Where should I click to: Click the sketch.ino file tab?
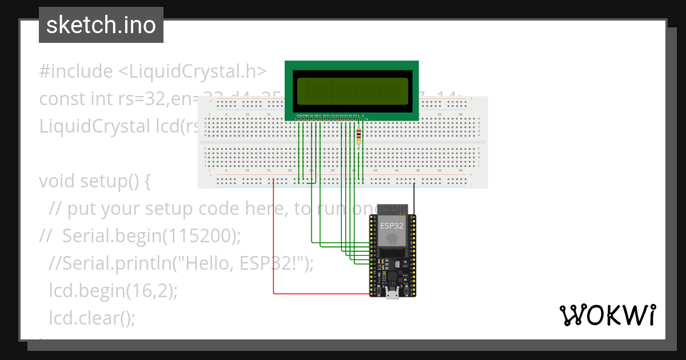101,26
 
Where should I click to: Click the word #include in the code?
76,71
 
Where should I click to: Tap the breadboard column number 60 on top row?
461,115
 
